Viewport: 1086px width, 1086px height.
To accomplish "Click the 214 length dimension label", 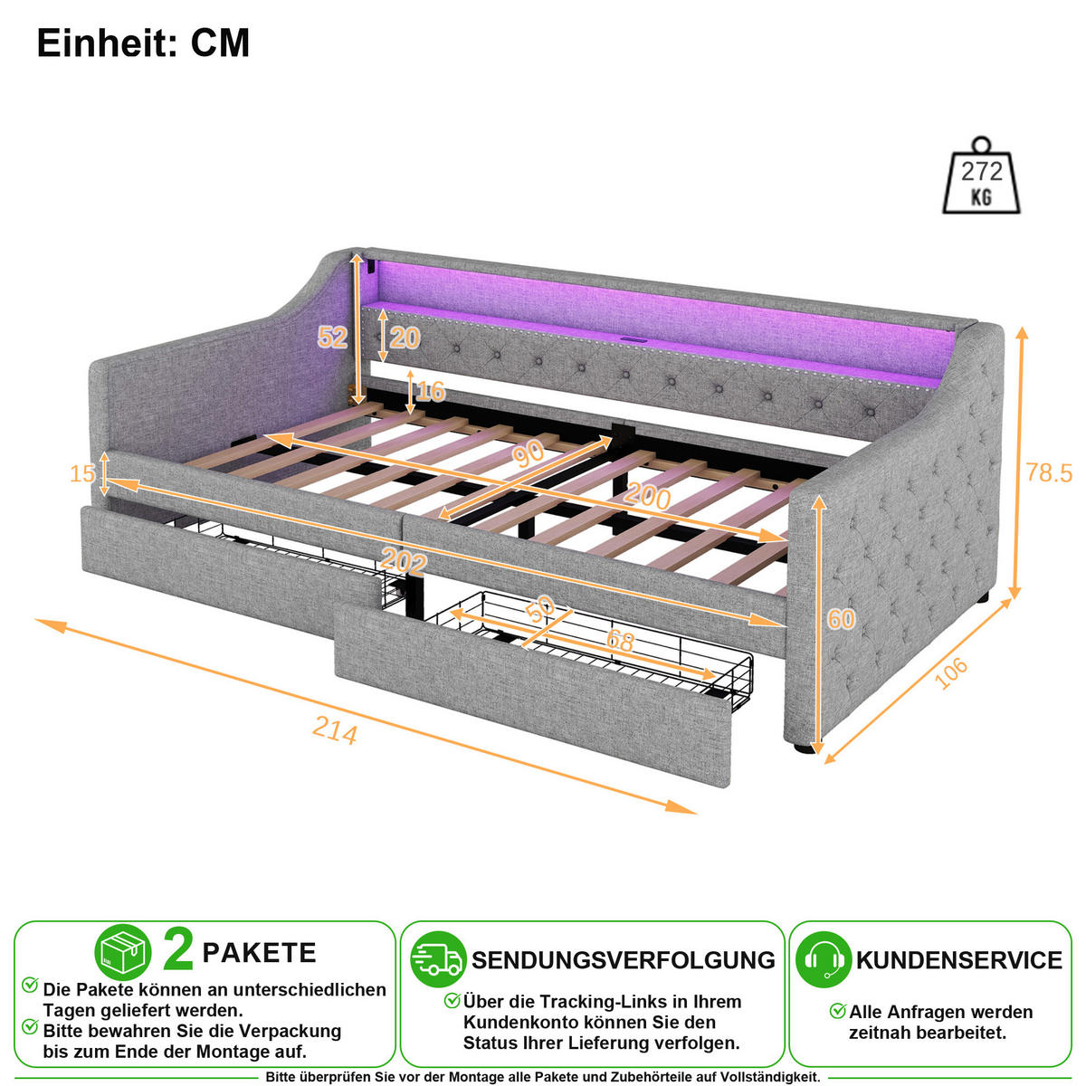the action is tap(335, 730).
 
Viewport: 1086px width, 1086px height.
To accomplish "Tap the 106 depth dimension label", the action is tap(951, 672).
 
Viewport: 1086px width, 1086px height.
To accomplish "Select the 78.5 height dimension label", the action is tap(1048, 472).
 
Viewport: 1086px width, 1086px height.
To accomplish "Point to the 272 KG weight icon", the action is tap(981, 176).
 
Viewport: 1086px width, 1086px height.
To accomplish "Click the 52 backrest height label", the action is tap(332, 338).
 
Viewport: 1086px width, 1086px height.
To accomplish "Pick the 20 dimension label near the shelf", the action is tap(405, 338).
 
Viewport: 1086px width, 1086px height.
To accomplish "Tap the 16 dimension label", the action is tap(431, 391).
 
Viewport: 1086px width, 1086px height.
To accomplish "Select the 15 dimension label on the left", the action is tap(82, 473).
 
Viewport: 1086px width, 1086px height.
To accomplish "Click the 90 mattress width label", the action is tap(529, 453).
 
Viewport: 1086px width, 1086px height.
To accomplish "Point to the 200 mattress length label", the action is tap(647, 496).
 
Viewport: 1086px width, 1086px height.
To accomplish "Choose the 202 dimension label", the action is tap(404, 562).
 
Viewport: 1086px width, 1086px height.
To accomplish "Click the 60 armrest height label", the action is tap(841, 619).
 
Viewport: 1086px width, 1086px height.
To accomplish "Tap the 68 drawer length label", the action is tap(621, 641).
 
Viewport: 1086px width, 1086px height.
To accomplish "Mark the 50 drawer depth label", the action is tap(540, 609).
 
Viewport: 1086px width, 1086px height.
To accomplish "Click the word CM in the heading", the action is tap(220, 43).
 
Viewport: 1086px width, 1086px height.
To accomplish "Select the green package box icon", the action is tap(123, 952).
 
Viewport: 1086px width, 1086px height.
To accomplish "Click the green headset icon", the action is tap(824, 958).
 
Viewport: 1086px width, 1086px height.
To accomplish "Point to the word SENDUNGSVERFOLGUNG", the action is tap(624, 960).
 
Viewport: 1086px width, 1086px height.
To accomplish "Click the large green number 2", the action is tap(178, 950).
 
